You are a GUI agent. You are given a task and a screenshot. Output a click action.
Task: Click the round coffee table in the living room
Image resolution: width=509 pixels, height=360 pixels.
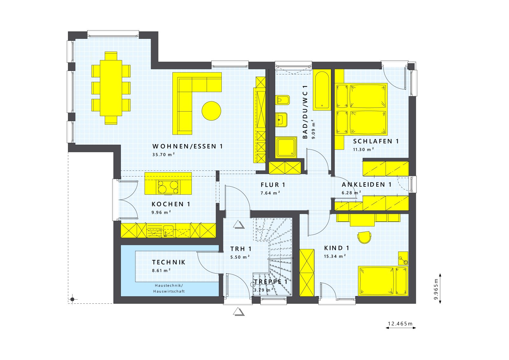point(211,111)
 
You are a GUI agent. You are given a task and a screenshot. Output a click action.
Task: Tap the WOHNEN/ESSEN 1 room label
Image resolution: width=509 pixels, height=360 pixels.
point(187,146)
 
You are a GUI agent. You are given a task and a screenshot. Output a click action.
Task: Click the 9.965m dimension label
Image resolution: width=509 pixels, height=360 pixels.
point(436,288)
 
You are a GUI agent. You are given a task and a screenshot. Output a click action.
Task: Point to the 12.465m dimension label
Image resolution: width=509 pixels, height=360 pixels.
point(400,324)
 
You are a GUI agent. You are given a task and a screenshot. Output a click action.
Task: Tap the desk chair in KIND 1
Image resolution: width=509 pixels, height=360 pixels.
point(364,237)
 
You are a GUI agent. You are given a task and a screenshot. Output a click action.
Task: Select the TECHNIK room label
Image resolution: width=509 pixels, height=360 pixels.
point(169,262)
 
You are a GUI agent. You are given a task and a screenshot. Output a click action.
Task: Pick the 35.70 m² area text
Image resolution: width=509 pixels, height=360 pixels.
point(164,155)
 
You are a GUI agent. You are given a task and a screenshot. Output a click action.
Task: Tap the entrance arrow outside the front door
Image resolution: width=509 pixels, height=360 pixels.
point(239,312)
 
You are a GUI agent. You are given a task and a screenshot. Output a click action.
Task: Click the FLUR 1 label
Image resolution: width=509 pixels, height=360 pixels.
point(273,185)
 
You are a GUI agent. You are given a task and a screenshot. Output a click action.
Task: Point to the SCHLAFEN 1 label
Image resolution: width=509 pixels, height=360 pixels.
point(376,141)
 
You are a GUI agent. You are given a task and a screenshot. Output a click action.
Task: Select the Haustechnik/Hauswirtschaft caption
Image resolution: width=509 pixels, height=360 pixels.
point(169,288)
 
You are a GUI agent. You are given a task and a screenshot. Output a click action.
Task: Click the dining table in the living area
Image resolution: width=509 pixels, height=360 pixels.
point(111,88)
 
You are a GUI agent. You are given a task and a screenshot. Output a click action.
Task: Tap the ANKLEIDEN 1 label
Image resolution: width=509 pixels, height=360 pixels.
point(366,185)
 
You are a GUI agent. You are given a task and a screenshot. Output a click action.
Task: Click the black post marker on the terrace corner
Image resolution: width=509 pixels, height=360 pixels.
point(72,299)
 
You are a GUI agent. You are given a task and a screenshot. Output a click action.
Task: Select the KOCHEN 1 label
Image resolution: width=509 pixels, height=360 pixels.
point(171,204)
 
